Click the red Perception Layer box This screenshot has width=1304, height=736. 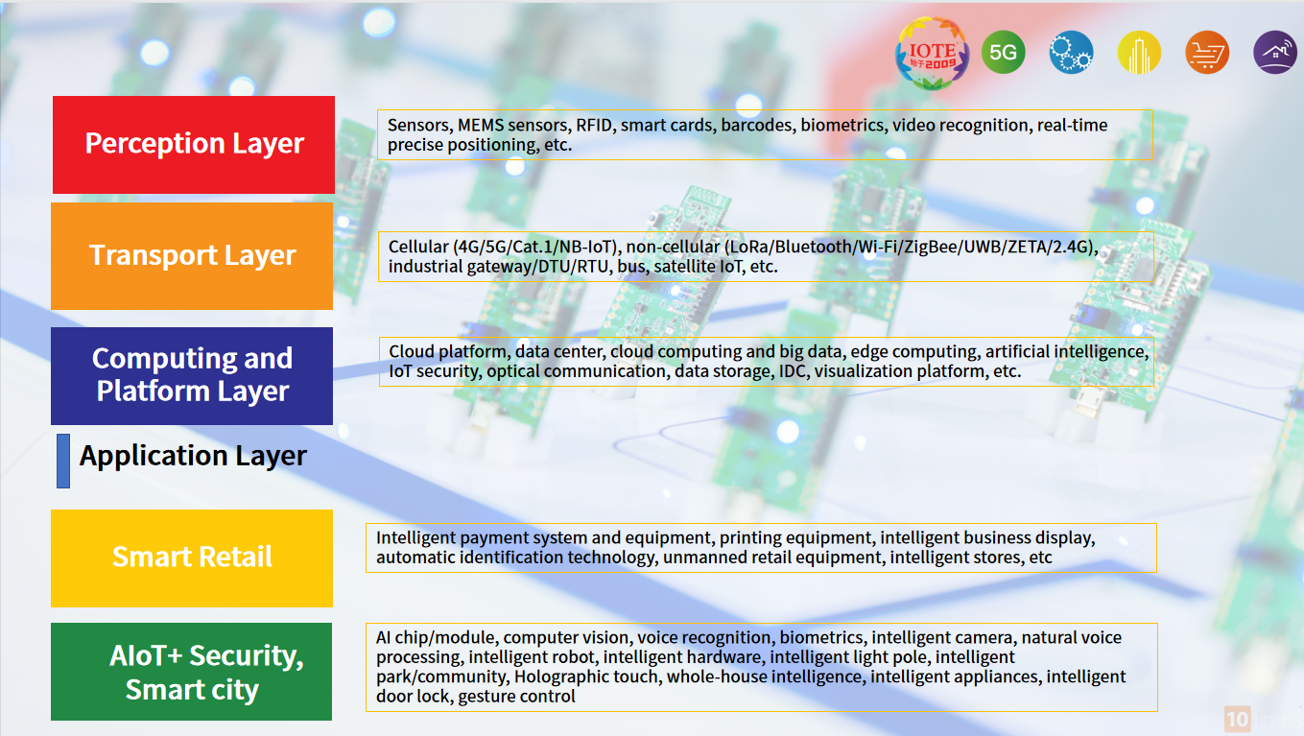[193, 144]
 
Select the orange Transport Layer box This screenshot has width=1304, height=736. [192, 256]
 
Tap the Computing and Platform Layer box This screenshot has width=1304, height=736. [192, 375]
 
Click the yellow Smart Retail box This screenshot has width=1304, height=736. [192, 558]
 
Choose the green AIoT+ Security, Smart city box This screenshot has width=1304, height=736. [192, 672]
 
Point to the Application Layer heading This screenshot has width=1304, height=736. [193, 456]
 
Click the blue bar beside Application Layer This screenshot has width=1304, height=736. [63, 461]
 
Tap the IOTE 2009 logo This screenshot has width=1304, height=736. [932, 54]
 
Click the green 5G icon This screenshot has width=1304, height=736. [1003, 53]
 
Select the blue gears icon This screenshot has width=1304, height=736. [1071, 53]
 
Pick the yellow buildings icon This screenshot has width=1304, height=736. [1139, 53]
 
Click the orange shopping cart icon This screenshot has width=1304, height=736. [1207, 53]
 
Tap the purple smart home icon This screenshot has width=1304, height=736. [1275, 53]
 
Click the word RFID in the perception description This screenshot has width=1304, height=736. [596, 125]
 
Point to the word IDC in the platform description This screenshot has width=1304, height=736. [793, 371]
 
